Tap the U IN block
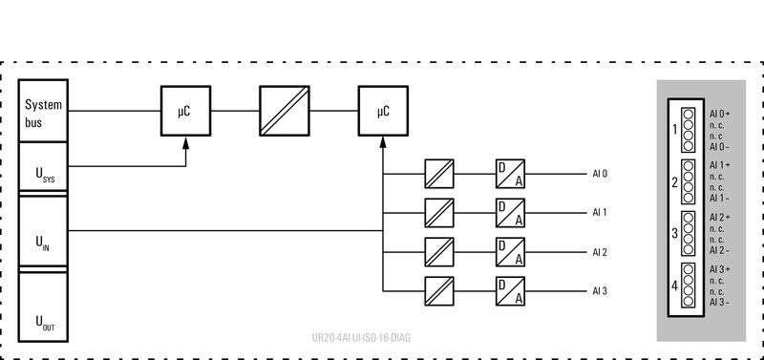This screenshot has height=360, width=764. coord(43,232)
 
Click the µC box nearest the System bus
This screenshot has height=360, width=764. coord(184,112)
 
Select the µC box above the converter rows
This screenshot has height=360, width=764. coord(382,112)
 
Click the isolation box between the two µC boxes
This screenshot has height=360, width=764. coord(283,112)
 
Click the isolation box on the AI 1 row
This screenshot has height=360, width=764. coord(440,212)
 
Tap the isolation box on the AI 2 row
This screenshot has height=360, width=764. coord(440,251)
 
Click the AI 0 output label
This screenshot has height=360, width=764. coord(600,174)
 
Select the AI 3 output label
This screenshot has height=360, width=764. coord(600,290)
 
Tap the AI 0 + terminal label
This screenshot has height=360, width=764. coord(720,114)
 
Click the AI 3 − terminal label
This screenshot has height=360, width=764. coord(720,303)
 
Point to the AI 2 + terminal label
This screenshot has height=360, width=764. coord(720,218)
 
